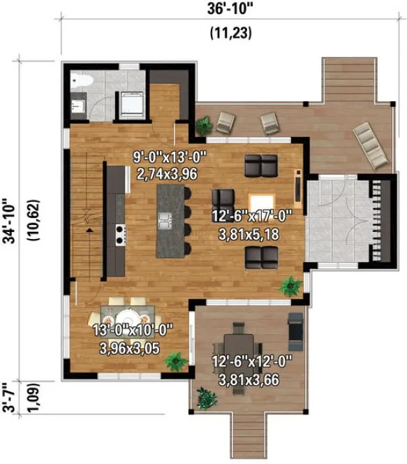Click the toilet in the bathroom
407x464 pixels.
coord(78,82)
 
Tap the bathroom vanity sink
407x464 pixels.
coord(77,106)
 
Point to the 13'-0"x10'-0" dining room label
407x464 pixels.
coord(132,329)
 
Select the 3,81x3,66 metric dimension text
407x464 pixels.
coord(251,381)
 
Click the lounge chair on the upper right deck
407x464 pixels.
coord(371,145)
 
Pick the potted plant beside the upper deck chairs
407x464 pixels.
coord(203,126)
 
